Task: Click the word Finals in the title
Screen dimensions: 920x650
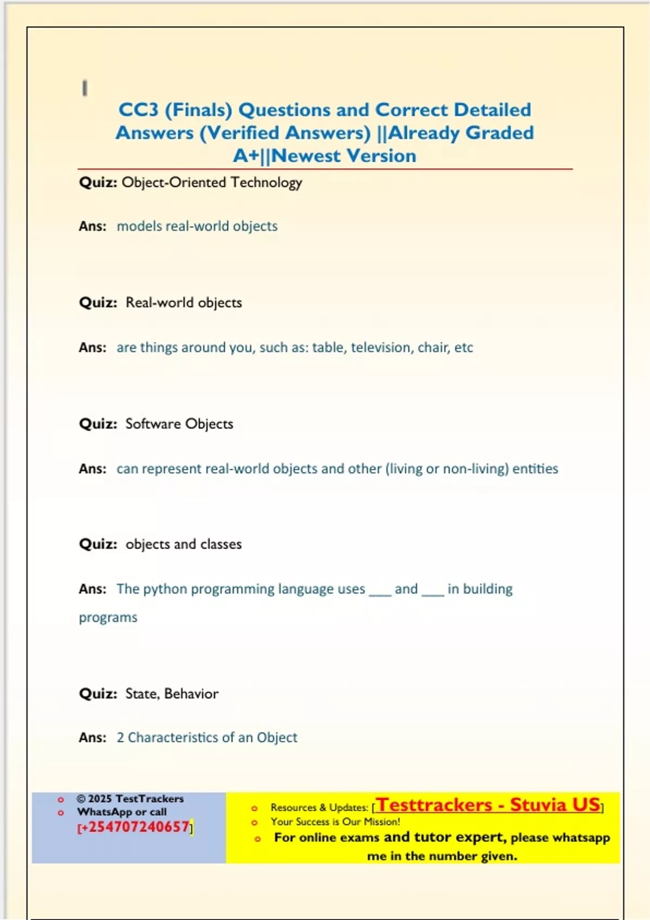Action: pyautogui.click(x=199, y=110)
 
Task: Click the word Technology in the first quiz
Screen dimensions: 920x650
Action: pyautogui.click(x=266, y=182)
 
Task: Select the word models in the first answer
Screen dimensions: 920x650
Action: pyautogui.click(x=139, y=226)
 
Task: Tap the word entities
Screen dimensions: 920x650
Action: pyautogui.click(x=535, y=469)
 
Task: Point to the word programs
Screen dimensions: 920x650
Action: pyautogui.click(x=108, y=617)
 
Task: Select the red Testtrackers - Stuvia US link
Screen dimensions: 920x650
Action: pyautogui.click(x=488, y=805)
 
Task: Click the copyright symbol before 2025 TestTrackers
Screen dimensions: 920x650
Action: pyautogui.click(x=81, y=799)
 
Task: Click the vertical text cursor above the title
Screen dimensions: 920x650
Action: pyautogui.click(x=84, y=88)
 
